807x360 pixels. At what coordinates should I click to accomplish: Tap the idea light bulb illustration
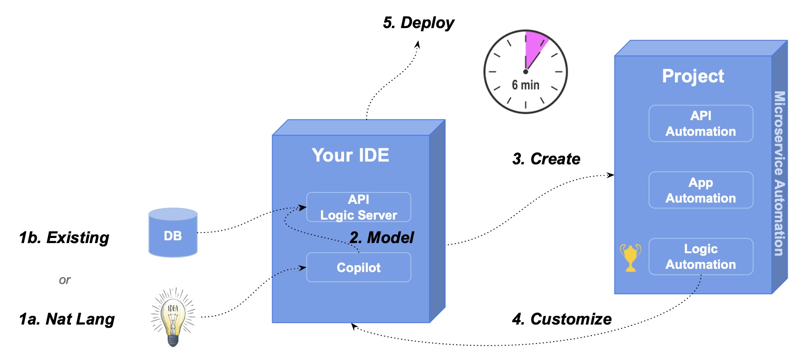(x=173, y=317)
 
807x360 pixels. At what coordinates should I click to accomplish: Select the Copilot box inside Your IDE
(x=358, y=267)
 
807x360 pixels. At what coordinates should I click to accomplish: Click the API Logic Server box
(x=358, y=207)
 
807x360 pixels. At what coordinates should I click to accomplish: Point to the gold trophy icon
(x=630, y=257)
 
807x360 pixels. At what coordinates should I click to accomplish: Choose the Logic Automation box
(x=701, y=256)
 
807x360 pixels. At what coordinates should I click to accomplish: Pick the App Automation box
(x=701, y=190)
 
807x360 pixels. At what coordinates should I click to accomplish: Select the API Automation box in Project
(x=701, y=123)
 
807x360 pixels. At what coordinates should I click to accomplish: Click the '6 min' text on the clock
(x=526, y=85)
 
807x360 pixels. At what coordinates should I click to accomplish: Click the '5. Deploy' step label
(x=418, y=23)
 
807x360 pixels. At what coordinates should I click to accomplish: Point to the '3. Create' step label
(x=546, y=159)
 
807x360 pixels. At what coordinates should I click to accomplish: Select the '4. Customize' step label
(x=562, y=319)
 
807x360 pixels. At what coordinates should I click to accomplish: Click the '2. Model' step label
(x=382, y=238)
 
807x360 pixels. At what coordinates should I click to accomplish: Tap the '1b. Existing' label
(x=64, y=238)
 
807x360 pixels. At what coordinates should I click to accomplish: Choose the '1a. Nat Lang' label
(x=67, y=319)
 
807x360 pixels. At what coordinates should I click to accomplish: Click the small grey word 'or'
(x=64, y=280)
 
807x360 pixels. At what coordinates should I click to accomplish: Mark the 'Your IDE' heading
(x=350, y=155)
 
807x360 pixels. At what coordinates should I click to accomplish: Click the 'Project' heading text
(x=693, y=76)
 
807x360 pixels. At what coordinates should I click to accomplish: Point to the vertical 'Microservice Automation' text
(x=779, y=173)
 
